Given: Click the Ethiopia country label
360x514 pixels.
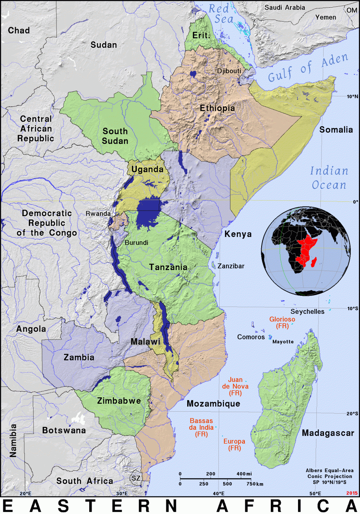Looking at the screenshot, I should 217,108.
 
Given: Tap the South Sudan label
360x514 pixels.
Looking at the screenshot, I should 115,136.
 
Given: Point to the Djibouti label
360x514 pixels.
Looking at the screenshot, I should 229,71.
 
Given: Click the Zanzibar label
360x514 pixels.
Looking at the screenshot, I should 231,266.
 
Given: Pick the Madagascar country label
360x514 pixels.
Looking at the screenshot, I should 328,433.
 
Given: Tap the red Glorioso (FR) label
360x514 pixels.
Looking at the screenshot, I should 282,323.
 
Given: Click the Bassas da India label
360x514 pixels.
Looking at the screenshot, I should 201,427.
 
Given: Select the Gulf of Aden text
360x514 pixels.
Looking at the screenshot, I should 308,68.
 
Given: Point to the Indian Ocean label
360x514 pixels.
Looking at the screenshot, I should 329,178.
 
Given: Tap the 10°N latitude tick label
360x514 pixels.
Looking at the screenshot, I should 352,96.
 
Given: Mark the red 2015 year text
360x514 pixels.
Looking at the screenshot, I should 352,493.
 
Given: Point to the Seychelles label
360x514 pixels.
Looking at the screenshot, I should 308,312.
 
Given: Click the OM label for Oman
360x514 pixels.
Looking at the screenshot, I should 352,10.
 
